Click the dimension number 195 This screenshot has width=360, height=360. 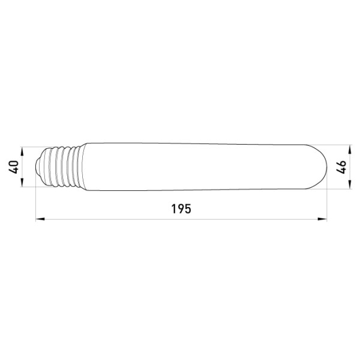point(181,209)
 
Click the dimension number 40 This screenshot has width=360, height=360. point(14,167)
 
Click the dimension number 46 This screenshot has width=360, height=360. point(341,167)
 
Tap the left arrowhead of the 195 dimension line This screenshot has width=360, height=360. point(40,219)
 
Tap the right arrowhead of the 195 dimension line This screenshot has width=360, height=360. point(322,219)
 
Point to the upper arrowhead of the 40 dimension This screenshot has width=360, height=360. point(22,151)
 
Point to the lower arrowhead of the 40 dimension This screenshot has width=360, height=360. point(22,182)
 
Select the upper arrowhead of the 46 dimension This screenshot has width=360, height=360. point(349,149)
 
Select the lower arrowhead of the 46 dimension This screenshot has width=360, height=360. point(349,185)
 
